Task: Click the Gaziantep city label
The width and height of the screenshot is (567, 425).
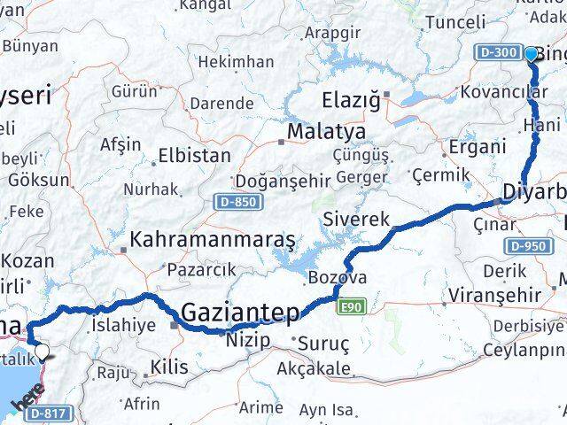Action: click(241, 312)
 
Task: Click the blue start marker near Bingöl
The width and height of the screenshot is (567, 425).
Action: click(531, 54)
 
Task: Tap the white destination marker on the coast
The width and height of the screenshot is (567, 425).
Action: click(41, 354)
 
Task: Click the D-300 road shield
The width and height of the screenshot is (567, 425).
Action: click(499, 53)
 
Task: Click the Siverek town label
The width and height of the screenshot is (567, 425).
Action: click(356, 218)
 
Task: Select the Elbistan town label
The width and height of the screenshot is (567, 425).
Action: click(194, 156)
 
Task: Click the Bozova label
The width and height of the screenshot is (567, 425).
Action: click(336, 278)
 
